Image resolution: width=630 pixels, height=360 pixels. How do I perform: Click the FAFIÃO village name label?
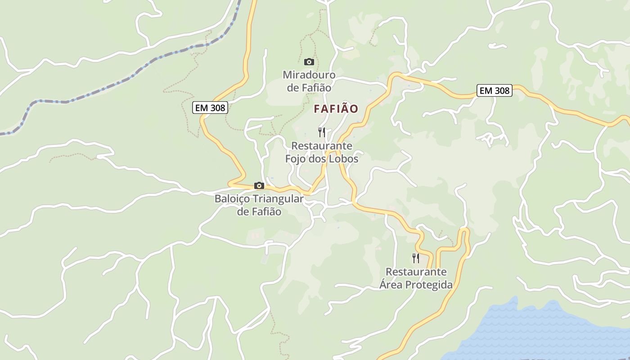[336, 109]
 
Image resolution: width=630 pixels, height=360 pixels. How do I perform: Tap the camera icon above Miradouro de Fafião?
[309, 62]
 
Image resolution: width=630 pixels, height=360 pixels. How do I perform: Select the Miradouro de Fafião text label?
[309, 81]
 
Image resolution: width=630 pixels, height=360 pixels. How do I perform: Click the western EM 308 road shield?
[210, 108]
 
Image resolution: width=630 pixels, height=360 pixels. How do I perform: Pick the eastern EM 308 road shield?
[495, 90]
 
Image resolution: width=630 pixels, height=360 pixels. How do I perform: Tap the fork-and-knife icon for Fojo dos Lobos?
[322, 132]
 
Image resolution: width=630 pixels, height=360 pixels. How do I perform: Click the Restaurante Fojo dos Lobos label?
[322, 153]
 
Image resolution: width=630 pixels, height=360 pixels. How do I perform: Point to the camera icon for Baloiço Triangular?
[259, 185]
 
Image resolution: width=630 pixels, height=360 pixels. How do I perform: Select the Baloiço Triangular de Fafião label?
[259, 205]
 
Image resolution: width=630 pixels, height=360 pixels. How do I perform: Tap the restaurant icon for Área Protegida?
[416, 258]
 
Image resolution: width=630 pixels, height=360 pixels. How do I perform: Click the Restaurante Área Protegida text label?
[416, 278]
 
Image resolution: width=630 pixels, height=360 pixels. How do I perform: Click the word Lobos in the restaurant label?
[343, 159]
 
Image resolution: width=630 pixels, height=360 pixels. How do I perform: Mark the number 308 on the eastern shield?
[501, 90]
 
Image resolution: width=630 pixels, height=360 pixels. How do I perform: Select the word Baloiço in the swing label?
[233, 199]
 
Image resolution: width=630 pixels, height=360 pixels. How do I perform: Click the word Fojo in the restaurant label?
[296, 159]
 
